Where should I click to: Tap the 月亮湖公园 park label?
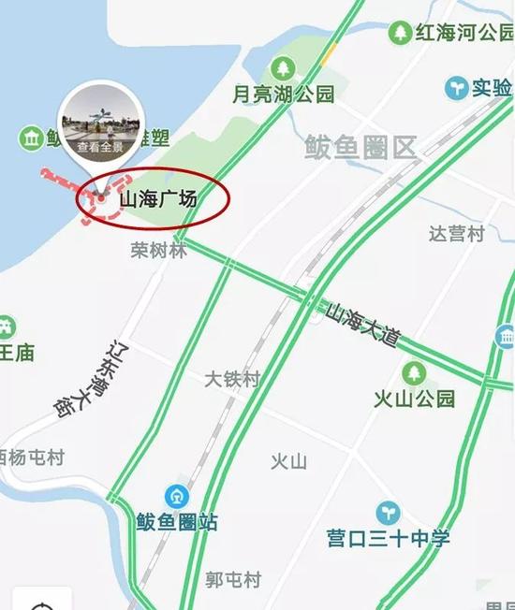283,94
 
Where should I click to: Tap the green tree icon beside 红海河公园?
400,33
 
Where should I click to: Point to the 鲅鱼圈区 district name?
360,147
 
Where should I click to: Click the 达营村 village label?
456,234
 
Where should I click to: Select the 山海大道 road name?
363,324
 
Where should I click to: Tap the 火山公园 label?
415,399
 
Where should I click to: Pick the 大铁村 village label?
232,379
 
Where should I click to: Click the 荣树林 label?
159,251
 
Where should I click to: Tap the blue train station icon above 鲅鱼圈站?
176,496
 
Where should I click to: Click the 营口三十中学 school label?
389,539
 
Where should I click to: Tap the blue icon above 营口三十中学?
388,513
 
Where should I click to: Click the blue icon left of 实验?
456,88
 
